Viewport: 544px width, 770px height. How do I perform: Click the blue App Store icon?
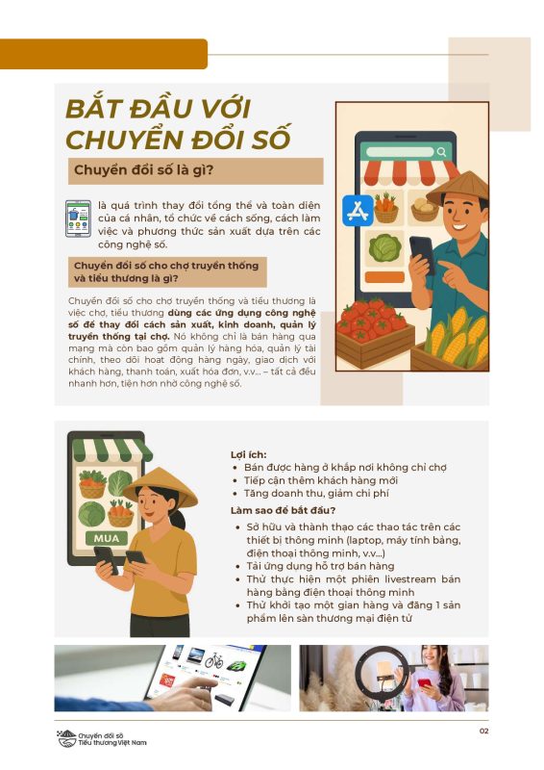point(358,210)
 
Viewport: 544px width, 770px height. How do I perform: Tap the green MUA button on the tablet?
point(107,538)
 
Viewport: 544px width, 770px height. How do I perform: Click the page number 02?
point(483,731)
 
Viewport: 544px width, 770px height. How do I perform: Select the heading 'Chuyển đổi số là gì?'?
point(144,170)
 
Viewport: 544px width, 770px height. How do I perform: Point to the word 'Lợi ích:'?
point(249,454)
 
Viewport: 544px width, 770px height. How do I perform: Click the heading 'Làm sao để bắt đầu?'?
point(283,510)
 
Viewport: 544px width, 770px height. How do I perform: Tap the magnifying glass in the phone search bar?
point(441,152)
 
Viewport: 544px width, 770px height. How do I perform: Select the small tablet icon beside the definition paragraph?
point(79,218)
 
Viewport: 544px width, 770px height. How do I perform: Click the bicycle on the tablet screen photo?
point(214,661)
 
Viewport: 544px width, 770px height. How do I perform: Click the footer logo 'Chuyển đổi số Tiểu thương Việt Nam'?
point(102,738)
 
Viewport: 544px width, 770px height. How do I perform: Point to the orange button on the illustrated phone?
point(384,277)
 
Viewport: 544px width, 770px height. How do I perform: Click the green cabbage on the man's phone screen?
point(384,248)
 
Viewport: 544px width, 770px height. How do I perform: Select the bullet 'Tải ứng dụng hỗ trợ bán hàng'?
point(320,566)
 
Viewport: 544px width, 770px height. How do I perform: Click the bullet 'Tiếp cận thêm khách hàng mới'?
point(321,480)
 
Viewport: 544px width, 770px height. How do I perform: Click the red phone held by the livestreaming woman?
point(424,683)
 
